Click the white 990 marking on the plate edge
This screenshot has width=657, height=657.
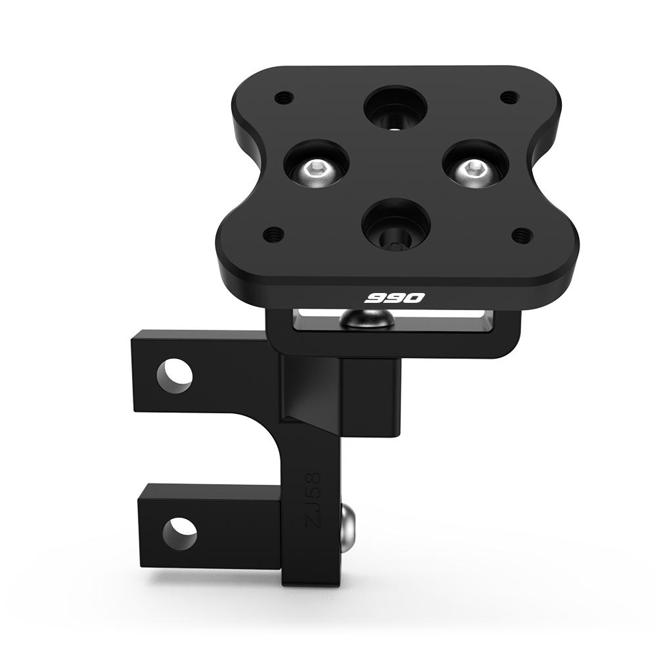click(x=394, y=298)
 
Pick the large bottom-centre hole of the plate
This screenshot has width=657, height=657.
click(x=396, y=226)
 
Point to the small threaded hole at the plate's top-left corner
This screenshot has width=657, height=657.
click(x=283, y=98)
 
